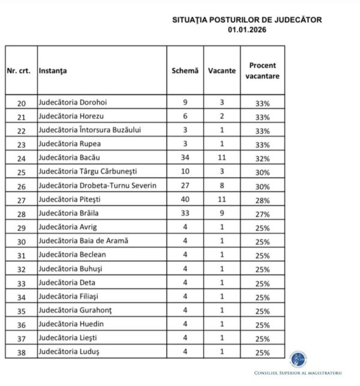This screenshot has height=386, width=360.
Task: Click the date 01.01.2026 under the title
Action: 246,29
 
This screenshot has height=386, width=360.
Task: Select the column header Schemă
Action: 185,71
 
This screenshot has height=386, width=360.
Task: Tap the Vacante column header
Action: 221,71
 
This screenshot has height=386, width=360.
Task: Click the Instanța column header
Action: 53,71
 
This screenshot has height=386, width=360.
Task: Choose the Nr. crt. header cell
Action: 20,71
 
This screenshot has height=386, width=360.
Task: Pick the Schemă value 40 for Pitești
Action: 185,199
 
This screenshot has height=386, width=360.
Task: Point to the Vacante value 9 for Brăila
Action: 221,213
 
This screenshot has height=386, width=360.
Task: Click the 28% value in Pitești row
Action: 262,200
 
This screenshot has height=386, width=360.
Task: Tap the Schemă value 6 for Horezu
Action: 185,116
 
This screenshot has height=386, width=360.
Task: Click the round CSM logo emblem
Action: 298,358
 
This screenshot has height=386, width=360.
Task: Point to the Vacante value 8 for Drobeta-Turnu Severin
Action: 221,185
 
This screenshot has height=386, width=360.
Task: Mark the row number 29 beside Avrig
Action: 21,227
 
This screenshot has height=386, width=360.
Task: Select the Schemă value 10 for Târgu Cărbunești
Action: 185,171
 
